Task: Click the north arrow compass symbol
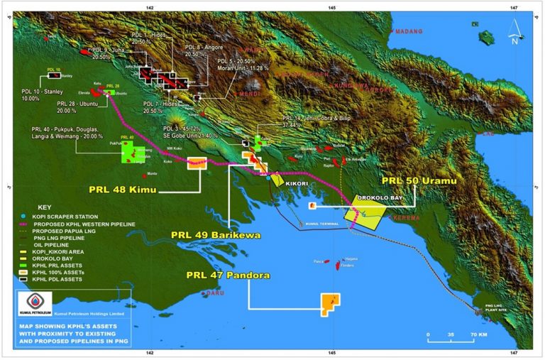pos(514,31)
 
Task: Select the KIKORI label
pos(297,183)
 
